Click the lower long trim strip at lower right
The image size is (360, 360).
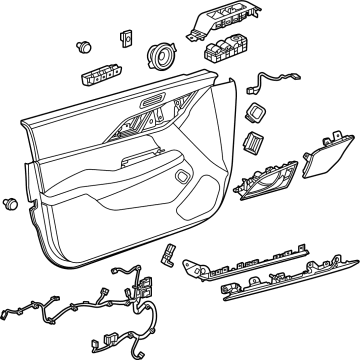tap(284, 288)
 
